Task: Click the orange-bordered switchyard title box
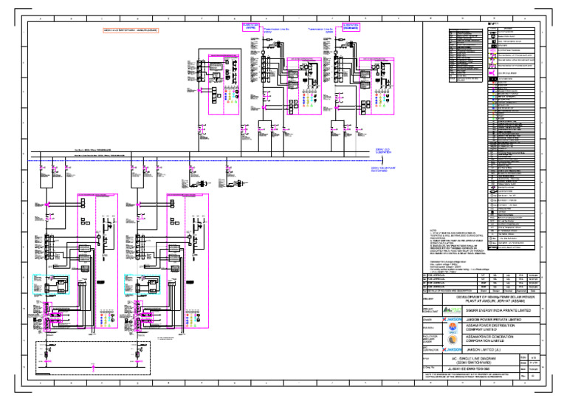point(140,30)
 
